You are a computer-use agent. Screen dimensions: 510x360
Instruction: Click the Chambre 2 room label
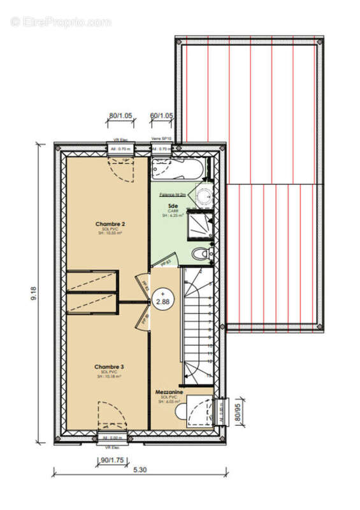(110, 224)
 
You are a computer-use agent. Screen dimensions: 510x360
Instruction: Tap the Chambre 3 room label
(110, 367)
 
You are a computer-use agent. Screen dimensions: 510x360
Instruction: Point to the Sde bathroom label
(173, 206)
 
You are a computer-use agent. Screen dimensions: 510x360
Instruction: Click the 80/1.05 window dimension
(120, 116)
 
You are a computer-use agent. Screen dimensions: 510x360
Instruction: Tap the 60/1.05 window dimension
(162, 116)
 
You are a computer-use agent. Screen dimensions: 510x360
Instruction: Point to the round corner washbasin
(204, 196)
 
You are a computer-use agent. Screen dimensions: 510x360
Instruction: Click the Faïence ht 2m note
(173, 194)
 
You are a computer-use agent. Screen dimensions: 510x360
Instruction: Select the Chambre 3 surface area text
(110, 377)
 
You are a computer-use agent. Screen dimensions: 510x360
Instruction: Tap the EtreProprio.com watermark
(61, 22)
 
